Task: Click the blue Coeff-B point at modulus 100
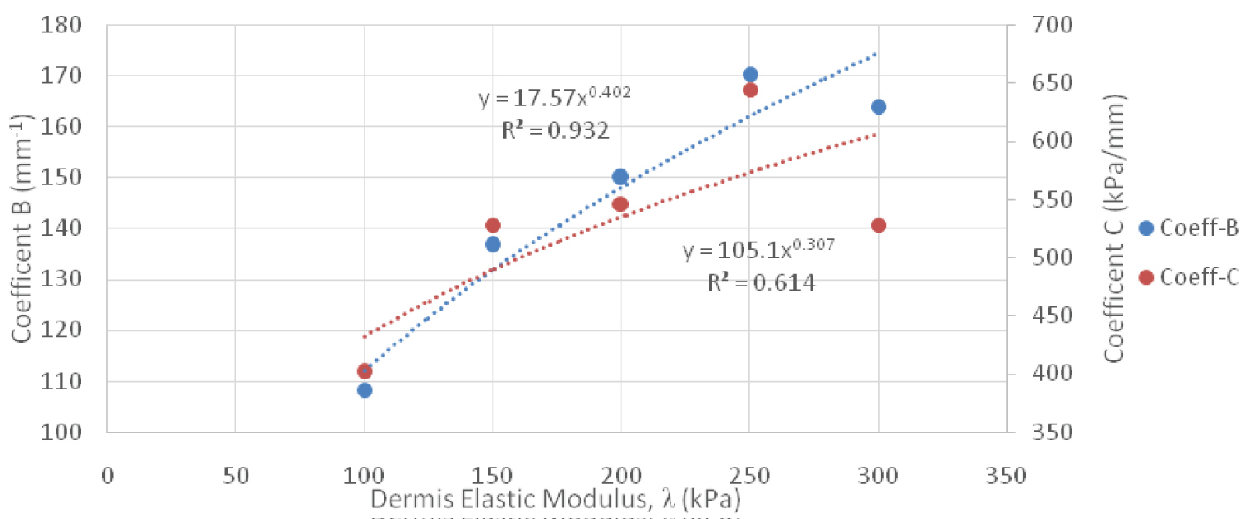click(x=365, y=389)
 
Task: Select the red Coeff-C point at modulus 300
click(x=878, y=225)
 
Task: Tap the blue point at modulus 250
click(x=750, y=74)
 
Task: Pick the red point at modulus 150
click(x=493, y=225)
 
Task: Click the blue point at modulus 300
click(x=878, y=106)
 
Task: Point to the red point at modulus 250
click(x=750, y=90)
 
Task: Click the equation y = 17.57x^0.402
click(x=555, y=98)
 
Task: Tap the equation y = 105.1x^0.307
click(x=758, y=251)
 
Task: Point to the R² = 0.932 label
click(x=554, y=130)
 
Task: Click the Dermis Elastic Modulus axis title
click(x=555, y=500)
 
